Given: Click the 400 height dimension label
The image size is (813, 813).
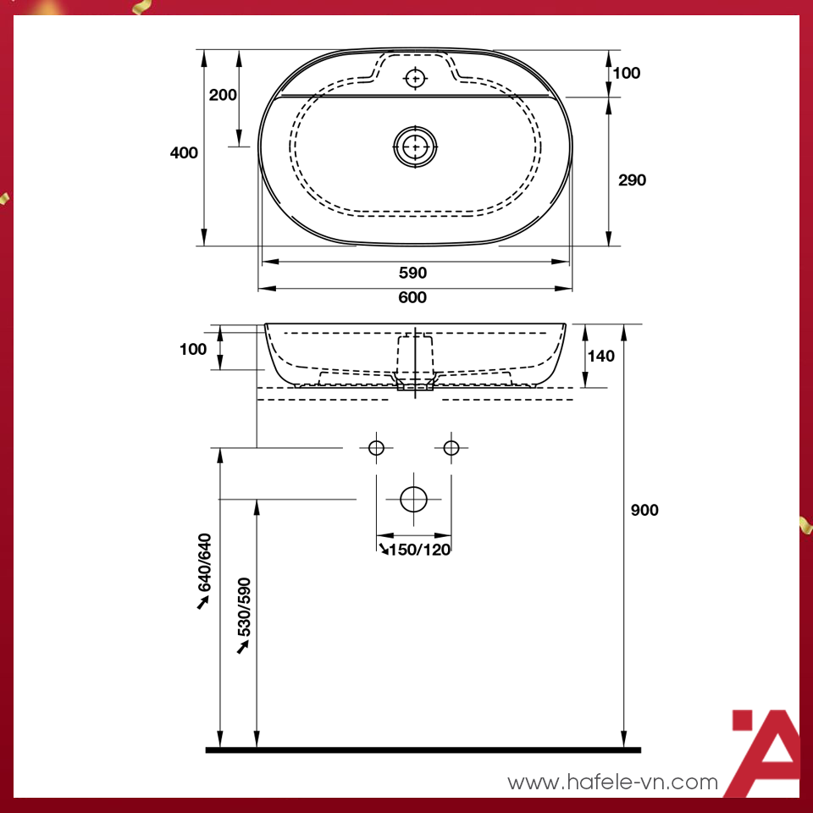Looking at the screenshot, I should click(x=184, y=153).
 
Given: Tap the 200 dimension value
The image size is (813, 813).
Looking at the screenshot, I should click(x=223, y=95).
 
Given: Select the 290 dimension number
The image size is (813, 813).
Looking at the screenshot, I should click(x=632, y=180).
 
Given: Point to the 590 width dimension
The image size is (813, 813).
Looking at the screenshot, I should click(x=413, y=273).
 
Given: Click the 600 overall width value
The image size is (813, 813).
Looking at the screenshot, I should click(x=413, y=297).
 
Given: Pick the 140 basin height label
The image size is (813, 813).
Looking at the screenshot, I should click(x=600, y=356).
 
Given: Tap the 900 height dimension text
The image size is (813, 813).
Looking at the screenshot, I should click(x=644, y=510).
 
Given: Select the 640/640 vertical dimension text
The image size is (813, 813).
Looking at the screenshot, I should click(x=203, y=563).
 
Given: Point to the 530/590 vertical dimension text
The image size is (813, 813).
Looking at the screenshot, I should click(x=244, y=607).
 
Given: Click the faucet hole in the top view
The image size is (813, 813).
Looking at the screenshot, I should click(x=415, y=79).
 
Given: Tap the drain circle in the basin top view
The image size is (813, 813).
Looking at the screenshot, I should click(x=415, y=147).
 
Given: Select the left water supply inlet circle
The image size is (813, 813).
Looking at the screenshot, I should click(x=377, y=447).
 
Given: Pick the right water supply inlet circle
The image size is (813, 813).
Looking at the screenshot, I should click(x=451, y=447).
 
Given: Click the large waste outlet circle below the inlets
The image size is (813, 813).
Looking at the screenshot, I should click(x=414, y=500).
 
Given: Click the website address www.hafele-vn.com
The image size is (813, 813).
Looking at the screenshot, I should click(x=612, y=783).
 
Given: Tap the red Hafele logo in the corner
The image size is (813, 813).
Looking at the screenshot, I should click(x=762, y=752).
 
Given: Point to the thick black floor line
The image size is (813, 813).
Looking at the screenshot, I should click(x=423, y=749).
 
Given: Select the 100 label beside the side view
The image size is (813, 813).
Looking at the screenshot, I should click(x=193, y=349).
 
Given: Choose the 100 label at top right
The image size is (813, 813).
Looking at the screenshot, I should click(x=627, y=73).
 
